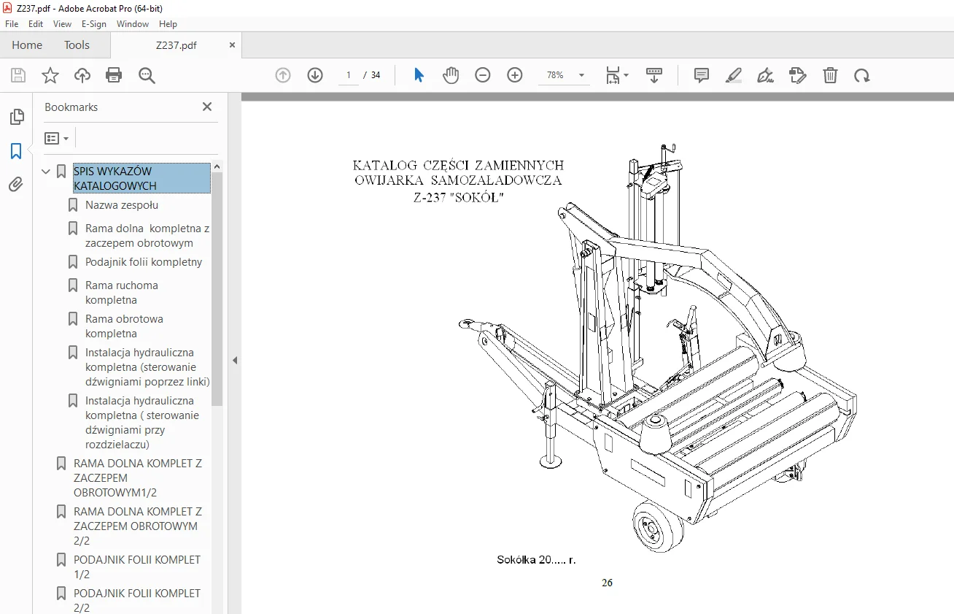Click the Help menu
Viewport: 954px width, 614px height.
click(x=168, y=24)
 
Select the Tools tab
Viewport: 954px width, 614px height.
click(x=77, y=45)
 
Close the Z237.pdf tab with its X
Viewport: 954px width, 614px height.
click(x=232, y=45)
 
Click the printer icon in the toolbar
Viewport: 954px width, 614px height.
click(x=114, y=75)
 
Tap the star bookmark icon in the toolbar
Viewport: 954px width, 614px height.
click(x=50, y=75)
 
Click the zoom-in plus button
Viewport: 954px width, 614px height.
click(x=514, y=75)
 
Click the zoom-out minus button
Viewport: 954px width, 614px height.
click(x=483, y=75)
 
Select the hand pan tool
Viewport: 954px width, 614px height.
click(x=451, y=75)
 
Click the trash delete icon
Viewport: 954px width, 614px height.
click(x=830, y=75)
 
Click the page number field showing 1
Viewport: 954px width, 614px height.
click(x=349, y=75)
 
